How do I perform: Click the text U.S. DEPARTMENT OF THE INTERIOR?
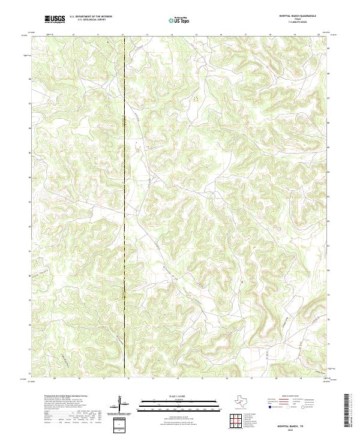(91, 17)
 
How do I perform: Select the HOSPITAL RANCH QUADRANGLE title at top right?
(296, 16)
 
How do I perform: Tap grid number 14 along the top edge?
(172, 35)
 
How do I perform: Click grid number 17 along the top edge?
(246, 35)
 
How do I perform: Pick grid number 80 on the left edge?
(29, 275)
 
